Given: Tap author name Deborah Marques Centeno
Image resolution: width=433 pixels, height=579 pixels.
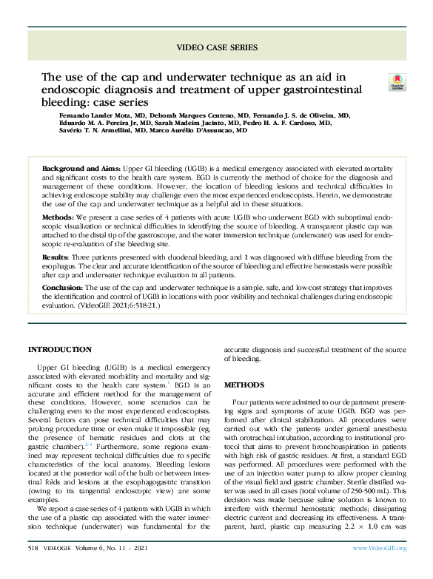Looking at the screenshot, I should (x=184, y=115).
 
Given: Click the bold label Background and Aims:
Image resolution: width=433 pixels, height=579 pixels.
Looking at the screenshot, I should (x=80, y=169).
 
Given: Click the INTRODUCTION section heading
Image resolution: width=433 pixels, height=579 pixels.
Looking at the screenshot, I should (x=60, y=349).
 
